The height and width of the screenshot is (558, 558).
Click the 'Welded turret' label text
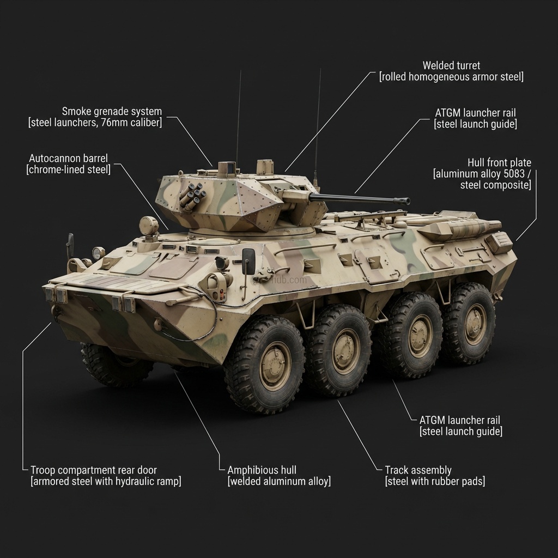coord(451,66)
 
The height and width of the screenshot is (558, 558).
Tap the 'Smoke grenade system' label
coord(112,112)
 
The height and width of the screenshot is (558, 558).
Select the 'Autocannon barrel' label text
coord(68,159)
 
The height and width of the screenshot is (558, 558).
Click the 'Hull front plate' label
coord(499,163)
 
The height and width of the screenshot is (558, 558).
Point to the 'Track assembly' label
coord(418,470)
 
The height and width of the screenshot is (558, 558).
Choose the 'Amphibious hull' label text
coord(262,470)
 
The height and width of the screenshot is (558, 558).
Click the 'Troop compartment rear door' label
coord(94,470)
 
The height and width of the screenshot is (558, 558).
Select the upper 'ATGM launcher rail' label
coord(475,113)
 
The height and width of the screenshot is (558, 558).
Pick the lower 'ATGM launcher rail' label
coord(460,420)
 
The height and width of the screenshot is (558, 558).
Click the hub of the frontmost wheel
coord(275,366)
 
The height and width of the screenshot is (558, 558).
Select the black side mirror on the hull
coord(248,262)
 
